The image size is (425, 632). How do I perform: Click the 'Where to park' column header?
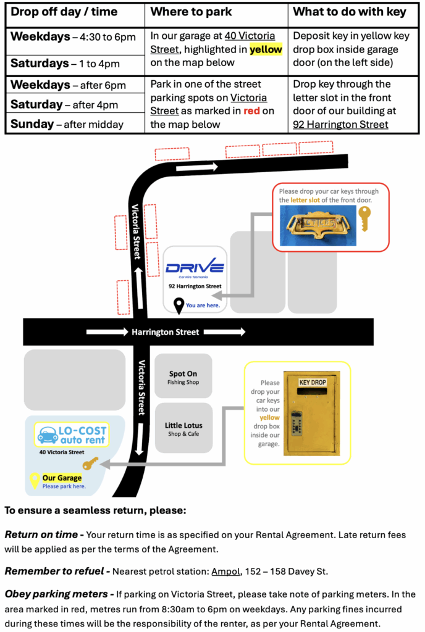(191, 12)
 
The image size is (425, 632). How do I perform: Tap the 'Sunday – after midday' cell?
(67, 124)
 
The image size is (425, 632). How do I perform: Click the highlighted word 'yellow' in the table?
(266, 49)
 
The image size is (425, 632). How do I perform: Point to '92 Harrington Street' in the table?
(340, 124)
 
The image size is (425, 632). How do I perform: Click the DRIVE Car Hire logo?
(195, 269)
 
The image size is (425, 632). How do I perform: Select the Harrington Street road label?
(165, 332)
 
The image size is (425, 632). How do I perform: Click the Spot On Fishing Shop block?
(183, 377)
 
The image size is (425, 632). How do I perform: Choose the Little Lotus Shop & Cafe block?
(183, 429)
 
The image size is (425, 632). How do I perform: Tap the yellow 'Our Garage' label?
(62, 478)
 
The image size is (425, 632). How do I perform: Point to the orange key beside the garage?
(91, 462)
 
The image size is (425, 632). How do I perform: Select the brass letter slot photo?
(318, 225)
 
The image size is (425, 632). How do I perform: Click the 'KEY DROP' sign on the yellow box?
(312, 382)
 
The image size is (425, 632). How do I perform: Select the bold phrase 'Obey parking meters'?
(56, 594)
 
